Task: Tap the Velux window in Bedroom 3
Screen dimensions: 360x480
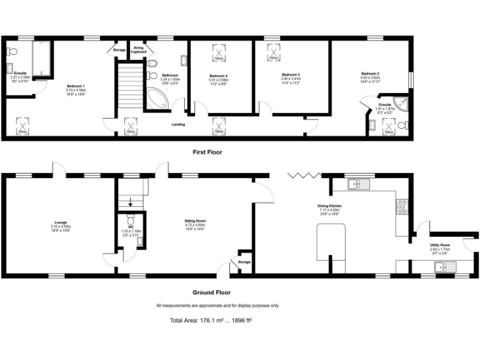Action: coord(273,54)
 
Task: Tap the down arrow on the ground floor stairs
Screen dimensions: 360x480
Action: coord(130,201)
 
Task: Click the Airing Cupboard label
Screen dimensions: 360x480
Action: coord(139,51)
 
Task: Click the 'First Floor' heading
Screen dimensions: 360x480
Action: coord(207,152)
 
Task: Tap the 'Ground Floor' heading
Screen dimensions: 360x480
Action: coord(211,292)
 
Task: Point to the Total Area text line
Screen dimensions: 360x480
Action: coord(210,321)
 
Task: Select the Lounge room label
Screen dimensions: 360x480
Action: coord(60,224)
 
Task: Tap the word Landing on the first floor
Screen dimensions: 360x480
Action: coord(179,124)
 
